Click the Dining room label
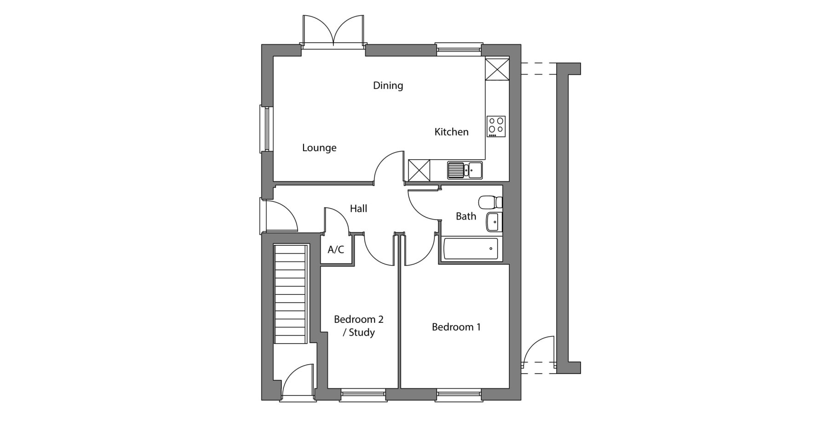[388, 86]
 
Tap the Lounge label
[319, 148]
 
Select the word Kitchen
[451, 132]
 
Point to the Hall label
[358, 209]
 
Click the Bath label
[466, 216]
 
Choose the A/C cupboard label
[335, 250]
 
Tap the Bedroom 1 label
[456, 327]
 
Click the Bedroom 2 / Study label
[358, 326]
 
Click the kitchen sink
[465, 170]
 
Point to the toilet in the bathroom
[490, 202]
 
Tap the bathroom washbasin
[494, 222]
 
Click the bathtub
[470, 249]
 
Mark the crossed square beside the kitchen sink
[419, 170]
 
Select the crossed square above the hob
[497, 69]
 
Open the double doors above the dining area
[333, 30]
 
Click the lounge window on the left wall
[266, 129]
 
